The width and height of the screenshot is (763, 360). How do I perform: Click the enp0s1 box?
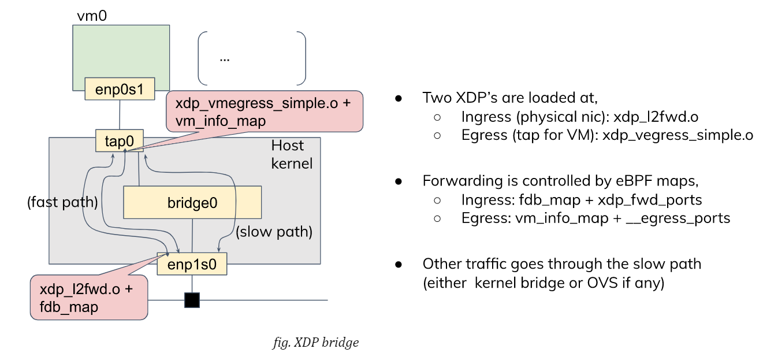[120, 88]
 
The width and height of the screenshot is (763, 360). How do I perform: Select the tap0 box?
[120, 141]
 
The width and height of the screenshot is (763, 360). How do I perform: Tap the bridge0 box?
[192, 202]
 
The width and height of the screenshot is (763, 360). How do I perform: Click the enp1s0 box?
[192, 264]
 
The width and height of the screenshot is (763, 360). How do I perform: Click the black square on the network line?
[192, 300]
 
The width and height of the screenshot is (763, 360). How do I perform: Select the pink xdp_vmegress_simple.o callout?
[264, 110]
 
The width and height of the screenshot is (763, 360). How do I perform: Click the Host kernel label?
[292, 154]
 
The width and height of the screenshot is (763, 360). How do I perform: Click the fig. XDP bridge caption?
[315, 342]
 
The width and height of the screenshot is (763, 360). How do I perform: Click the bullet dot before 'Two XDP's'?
[399, 98]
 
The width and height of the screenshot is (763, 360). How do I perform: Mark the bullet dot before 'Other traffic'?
[399, 264]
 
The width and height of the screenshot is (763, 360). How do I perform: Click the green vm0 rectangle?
[121, 52]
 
